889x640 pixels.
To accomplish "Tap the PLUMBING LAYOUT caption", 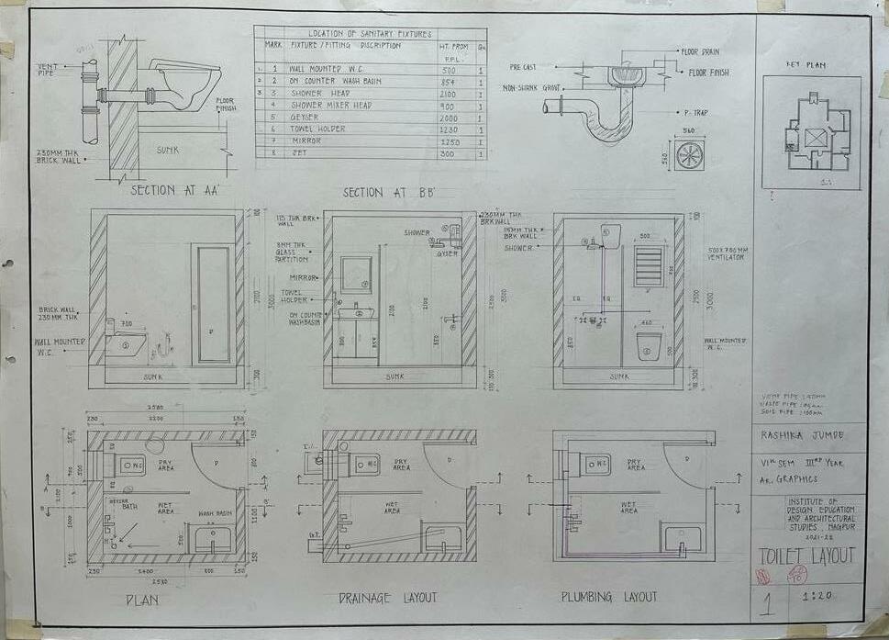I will [609, 598].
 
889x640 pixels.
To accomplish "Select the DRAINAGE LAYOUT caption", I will [387, 598].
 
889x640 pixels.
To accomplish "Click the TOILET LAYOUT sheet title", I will [806, 556].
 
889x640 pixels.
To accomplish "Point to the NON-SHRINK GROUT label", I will [531, 88].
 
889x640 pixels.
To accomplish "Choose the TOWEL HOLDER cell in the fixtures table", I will [319, 129].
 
